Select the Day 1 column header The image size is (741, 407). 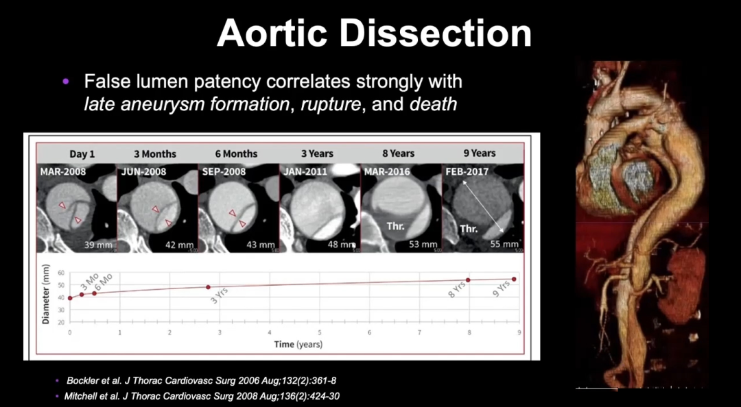[x=82, y=153]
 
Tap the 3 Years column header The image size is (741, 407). [x=317, y=153]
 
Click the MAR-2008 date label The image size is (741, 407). [x=63, y=171]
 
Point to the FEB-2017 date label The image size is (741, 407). [x=469, y=171]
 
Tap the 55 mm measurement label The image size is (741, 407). [x=504, y=244]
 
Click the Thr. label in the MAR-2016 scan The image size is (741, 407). [x=396, y=226]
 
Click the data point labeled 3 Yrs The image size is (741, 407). [x=208, y=287]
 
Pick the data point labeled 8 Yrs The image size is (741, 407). [x=468, y=280]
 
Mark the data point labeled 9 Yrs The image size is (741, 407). [x=514, y=279]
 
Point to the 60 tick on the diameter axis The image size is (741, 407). [x=60, y=273]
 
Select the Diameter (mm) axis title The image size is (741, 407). [x=46, y=294]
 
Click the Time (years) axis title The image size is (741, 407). [x=298, y=344]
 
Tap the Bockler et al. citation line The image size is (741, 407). [x=201, y=380]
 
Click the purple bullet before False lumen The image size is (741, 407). [x=66, y=82]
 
